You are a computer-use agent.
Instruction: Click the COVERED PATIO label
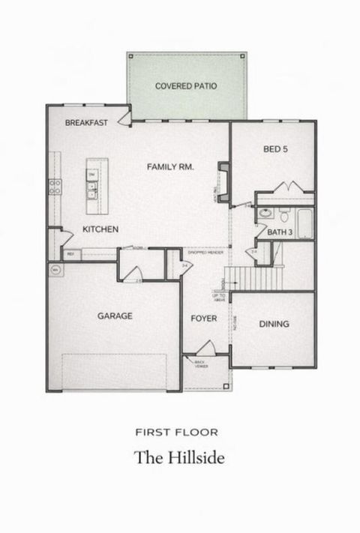pos(186,86)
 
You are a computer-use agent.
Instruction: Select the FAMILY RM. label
pos(170,167)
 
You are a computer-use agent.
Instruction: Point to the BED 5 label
pos(275,149)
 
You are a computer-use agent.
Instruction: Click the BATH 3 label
pos(280,233)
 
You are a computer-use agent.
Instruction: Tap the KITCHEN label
pos(100,229)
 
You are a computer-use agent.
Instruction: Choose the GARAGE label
pos(115,316)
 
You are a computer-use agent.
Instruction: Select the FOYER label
pos(203,319)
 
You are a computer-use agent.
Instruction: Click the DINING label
pos(274,325)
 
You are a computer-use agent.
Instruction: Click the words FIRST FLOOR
pos(177,432)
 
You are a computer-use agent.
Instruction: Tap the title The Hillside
pos(179,457)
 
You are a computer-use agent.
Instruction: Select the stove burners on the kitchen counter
pos(55,187)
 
